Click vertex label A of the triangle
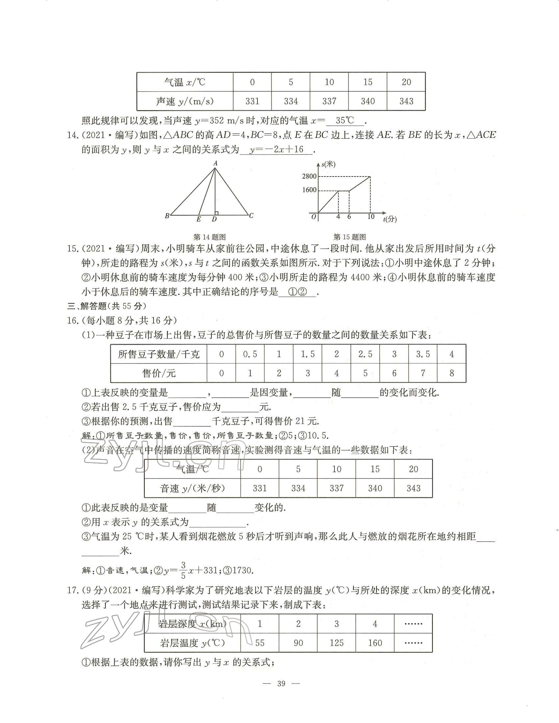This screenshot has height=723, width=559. (215, 163)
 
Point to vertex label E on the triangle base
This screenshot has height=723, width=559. (199, 219)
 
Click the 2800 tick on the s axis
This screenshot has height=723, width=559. (309, 176)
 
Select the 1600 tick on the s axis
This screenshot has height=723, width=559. (309, 190)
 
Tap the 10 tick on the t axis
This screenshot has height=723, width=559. (371, 217)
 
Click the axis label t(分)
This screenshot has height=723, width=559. (390, 219)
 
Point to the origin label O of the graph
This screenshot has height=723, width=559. (314, 217)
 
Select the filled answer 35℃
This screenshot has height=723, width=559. (345, 121)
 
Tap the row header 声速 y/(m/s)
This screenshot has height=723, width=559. (185, 101)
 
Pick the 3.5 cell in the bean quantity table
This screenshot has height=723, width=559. (423, 355)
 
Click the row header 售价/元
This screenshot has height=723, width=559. (158, 373)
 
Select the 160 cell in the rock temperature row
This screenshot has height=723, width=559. (375, 643)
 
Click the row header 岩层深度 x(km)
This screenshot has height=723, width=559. (192, 624)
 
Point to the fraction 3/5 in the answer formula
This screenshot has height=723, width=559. (183, 571)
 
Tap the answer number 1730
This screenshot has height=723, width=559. (243, 571)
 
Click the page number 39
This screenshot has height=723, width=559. (281, 684)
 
